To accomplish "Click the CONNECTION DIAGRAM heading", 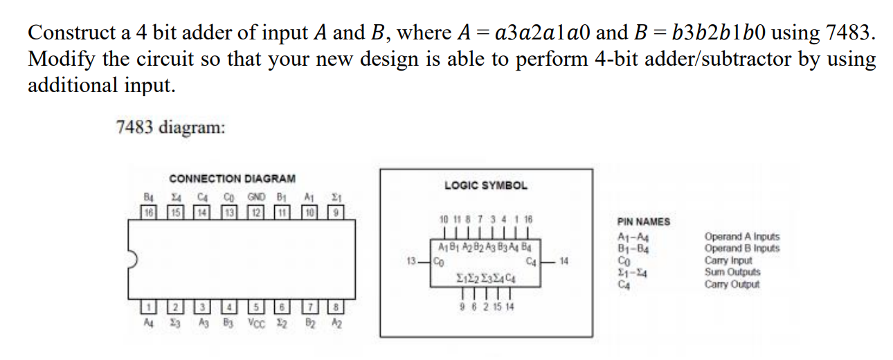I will [x=232, y=179].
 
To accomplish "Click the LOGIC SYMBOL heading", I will [x=485, y=186].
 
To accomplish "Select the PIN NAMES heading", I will [x=643, y=222].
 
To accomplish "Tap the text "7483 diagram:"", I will [x=170, y=127].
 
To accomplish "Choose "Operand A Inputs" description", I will [x=741, y=237].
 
